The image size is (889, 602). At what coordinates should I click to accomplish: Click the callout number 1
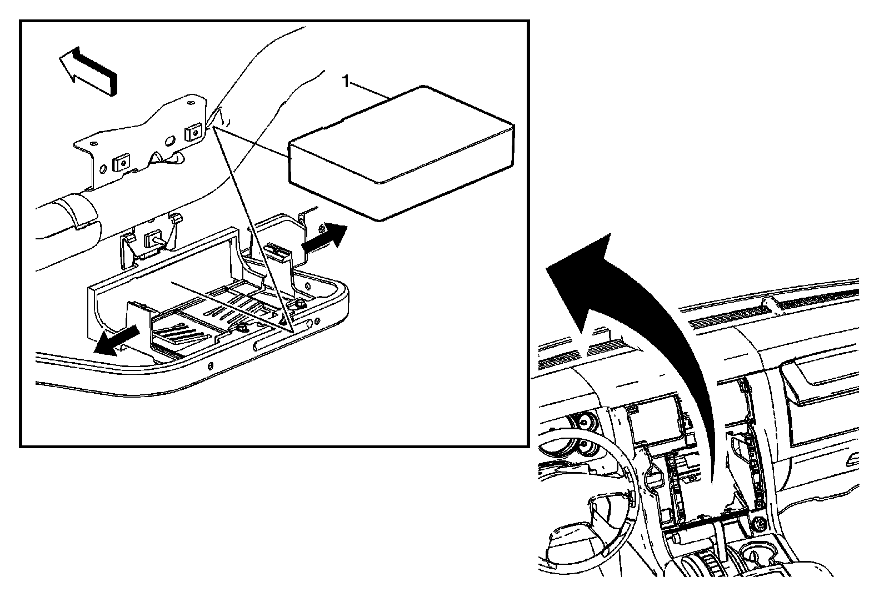pyautogui.click(x=346, y=82)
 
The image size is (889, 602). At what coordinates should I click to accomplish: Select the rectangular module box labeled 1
pyautogui.click(x=401, y=153)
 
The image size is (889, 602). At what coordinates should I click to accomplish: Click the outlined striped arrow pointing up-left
pyautogui.click(x=88, y=70)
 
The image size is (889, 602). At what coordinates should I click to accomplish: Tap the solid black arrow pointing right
pyautogui.click(x=324, y=238)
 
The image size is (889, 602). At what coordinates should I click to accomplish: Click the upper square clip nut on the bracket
pyautogui.click(x=192, y=133)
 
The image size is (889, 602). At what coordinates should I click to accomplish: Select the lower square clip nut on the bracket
pyautogui.click(x=122, y=162)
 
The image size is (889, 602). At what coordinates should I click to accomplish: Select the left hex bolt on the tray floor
pyautogui.click(x=241, y=328)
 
